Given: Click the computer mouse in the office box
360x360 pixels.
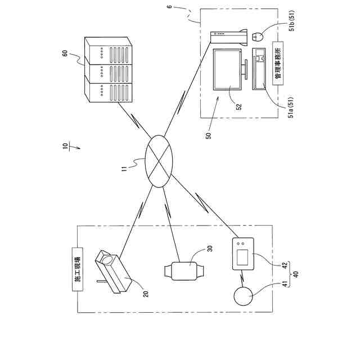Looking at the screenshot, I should pos(258,37).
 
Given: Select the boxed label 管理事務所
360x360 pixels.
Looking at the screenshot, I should pos(277,64).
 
